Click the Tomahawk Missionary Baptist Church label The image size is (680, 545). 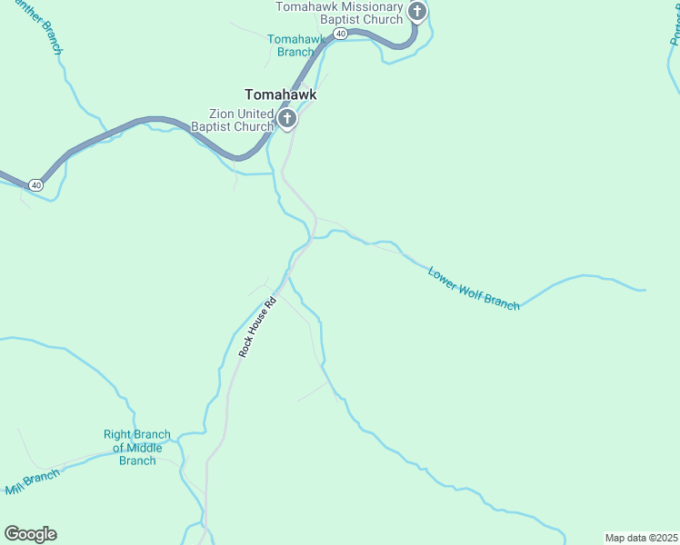(339, 13)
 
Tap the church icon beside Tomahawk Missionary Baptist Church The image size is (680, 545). (417, 12)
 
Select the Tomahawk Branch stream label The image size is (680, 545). (296, 45)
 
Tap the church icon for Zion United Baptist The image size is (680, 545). (286, 118)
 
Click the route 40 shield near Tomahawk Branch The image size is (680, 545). (340, 34)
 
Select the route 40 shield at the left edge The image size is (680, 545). (35, 184)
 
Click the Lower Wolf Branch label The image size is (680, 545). (474, 289)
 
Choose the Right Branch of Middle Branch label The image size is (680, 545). (137, 448)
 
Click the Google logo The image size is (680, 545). (30, 534)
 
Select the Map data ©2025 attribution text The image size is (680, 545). (641, 538)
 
